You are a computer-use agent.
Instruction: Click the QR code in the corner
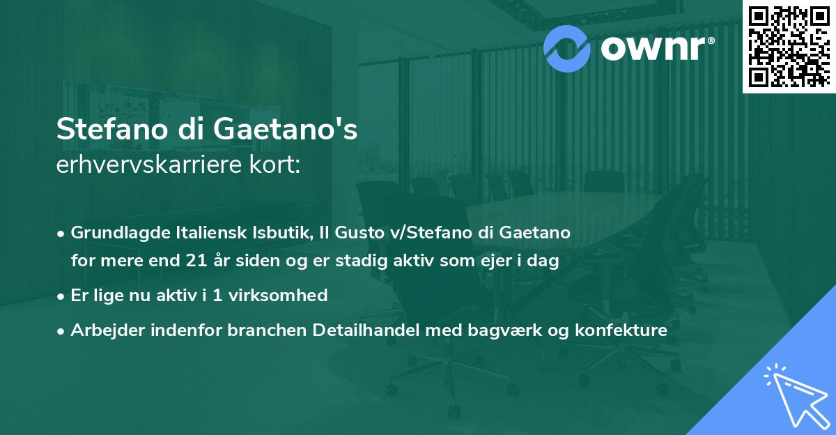[789, 46]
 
